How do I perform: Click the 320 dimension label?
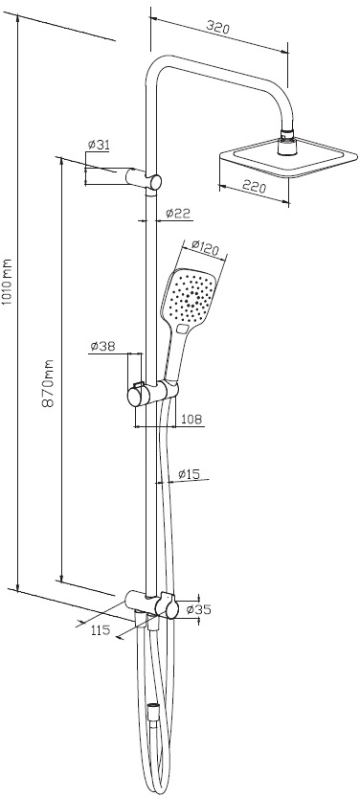219,27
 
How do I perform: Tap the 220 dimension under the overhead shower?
254,187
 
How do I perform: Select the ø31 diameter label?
98,145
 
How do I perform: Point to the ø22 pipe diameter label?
178,213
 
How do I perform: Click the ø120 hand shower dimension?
205,248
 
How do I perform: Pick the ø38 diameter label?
102,346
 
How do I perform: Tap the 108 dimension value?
191,420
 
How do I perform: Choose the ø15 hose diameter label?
190,474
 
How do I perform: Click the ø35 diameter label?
198,609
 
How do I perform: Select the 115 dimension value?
101,630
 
